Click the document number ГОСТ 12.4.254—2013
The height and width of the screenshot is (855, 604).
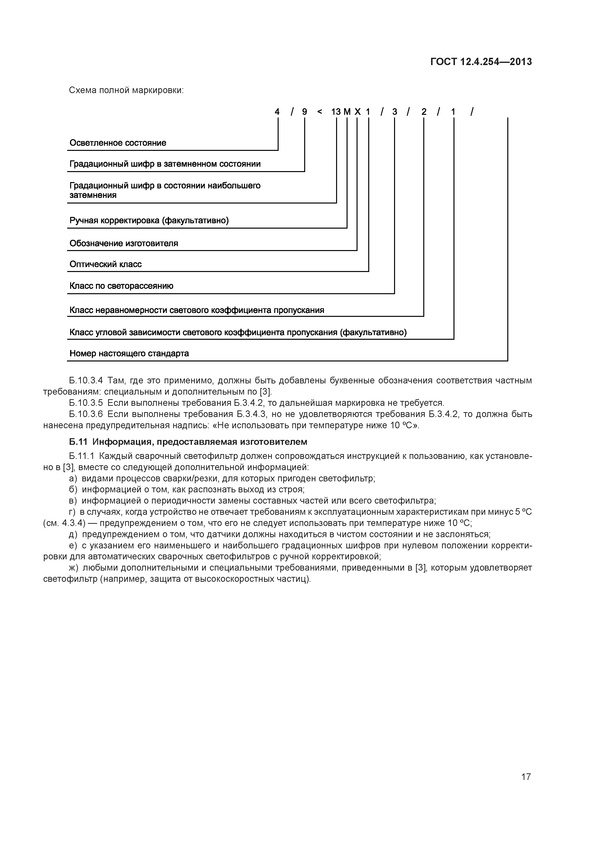pyautogui.click(x=481, y=62)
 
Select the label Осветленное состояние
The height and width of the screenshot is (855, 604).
pyautogui.click(x=118, y=143)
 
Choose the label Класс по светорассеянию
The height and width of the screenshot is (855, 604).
pyautogui.click(x=121, y=286)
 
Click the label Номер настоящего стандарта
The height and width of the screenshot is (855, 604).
pyautogui.click(x=129, y=353)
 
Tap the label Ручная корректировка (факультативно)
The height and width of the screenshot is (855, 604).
pyautogui.click(x=149, y=221)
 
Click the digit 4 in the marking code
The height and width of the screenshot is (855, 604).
pyautogui.click(x=277, y=112)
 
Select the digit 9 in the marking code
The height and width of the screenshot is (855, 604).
pyautogui.click(x=304, y=112)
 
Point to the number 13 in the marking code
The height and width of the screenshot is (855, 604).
pyautogui.click(x=336, y=112)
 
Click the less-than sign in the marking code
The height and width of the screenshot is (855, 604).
pyautogui.click(x=319, y=112)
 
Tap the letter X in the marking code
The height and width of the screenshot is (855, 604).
pyautogui.click(x=357, y=112)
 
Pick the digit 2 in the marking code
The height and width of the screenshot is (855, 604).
pyautogui.click(x=424, y=112)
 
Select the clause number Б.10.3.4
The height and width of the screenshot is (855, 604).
pyautogui.click(x=85, y=380)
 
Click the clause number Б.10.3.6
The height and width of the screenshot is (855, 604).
pyautogui.click(x=85, y=414)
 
